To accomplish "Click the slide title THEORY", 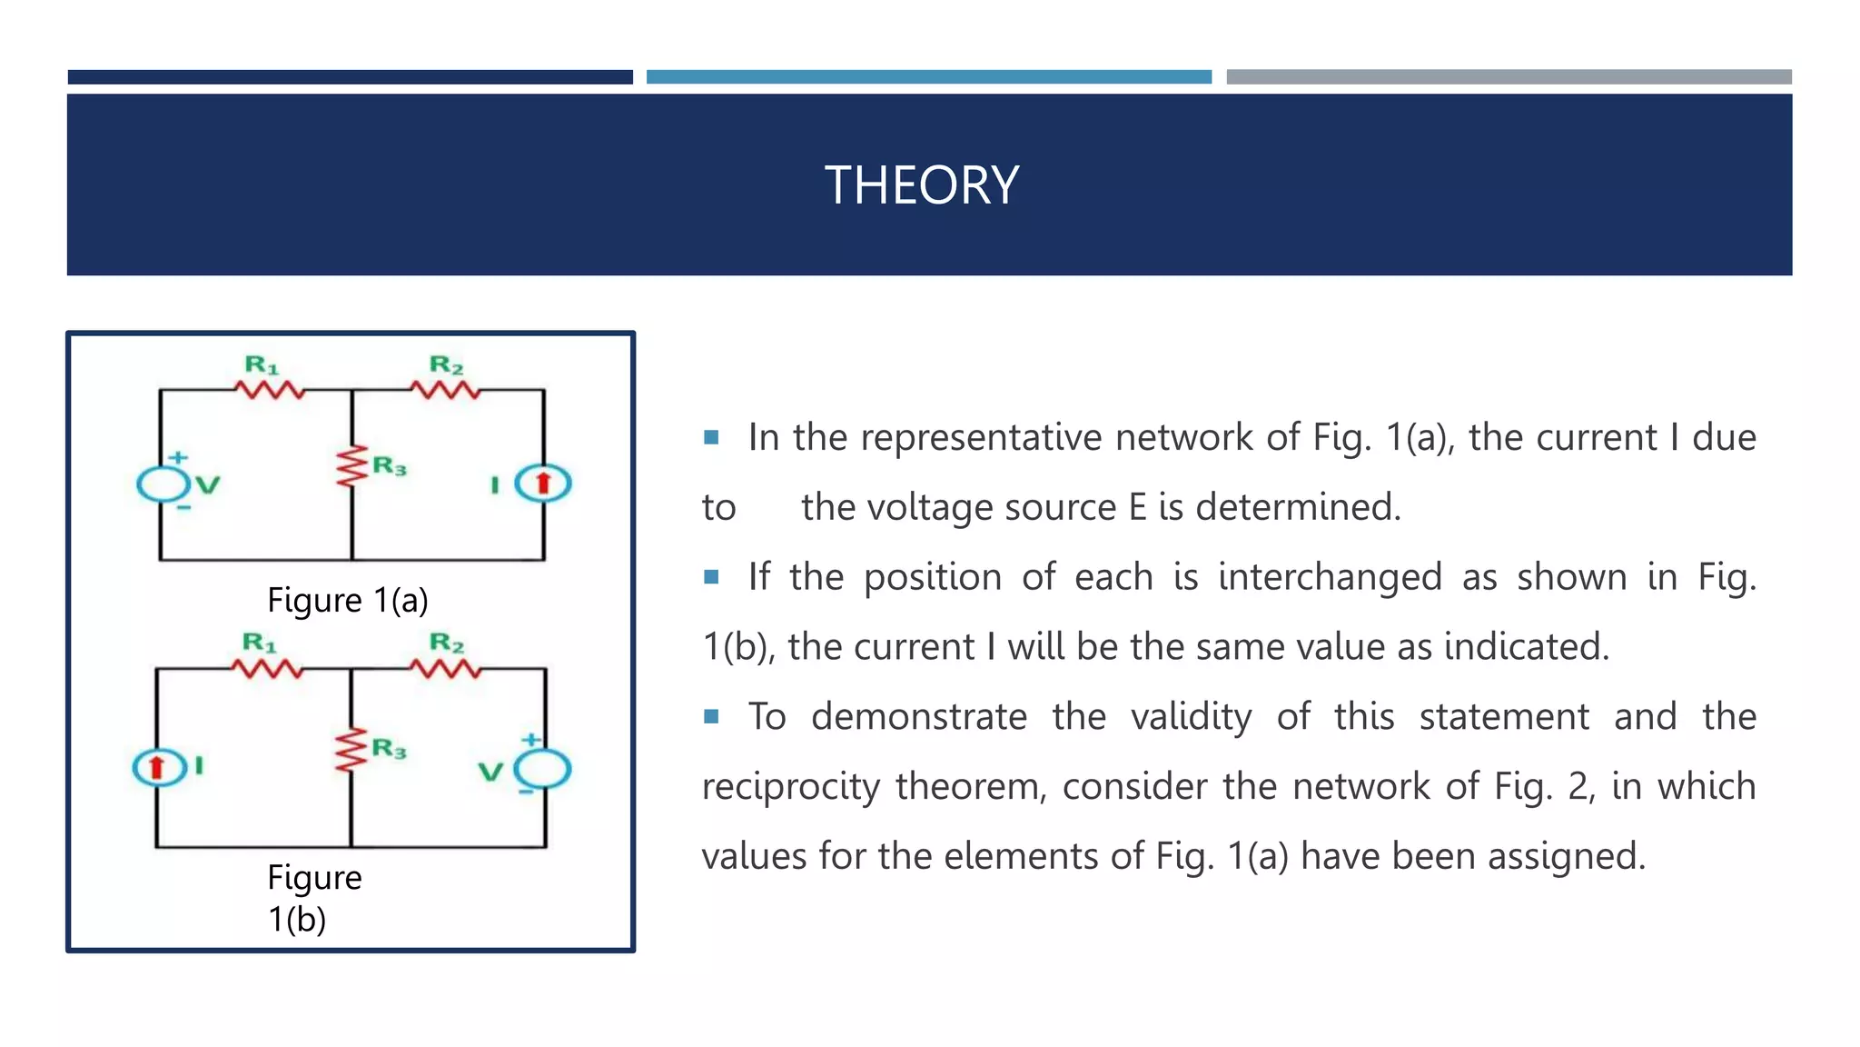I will [x=921, y=185].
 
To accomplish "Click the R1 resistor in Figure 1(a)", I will [x=270, y=390].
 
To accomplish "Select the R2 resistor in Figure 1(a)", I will [x=445, y=390].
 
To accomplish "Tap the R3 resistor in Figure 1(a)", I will [x=351, y=467].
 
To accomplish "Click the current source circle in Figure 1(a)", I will [x=543, y=483].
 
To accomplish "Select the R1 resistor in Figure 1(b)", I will [x=267, y=670].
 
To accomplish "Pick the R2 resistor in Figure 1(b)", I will [x=445, y=670].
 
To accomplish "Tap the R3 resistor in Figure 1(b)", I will [x=351, y=751].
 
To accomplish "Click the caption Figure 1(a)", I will [x=347, y=600].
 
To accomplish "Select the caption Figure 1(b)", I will [x=313, y=898].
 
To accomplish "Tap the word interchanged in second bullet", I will [x=1330, y=577].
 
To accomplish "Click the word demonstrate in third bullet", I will [x=918, y=717].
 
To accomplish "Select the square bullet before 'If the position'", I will [x=711, y=577].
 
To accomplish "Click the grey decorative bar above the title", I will [x=1509, y=77].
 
